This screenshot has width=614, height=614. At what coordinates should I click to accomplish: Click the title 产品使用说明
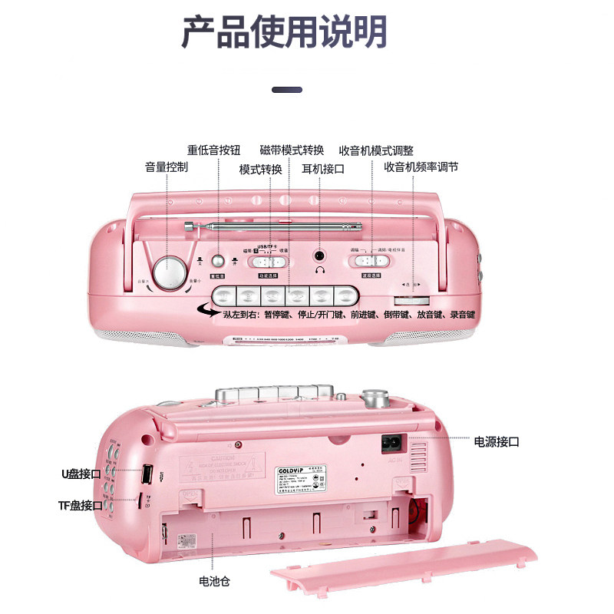pos(285,32)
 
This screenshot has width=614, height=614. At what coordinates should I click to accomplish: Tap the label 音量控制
pos(167,167)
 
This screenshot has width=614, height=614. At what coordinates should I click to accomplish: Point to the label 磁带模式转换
pos(292,150)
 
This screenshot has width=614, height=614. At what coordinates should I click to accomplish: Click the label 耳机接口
pos(322,169)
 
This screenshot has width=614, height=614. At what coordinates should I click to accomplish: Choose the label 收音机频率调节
pos(421,167)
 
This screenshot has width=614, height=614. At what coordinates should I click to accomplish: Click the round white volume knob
pos(170,272)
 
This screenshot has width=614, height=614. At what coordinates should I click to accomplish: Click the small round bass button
pos(218,261)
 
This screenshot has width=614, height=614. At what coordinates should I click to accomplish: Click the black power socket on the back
pos(393,443)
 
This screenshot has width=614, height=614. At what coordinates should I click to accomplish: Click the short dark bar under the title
pos(287,90)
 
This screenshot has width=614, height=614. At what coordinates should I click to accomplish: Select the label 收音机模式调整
pos(376,150)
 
